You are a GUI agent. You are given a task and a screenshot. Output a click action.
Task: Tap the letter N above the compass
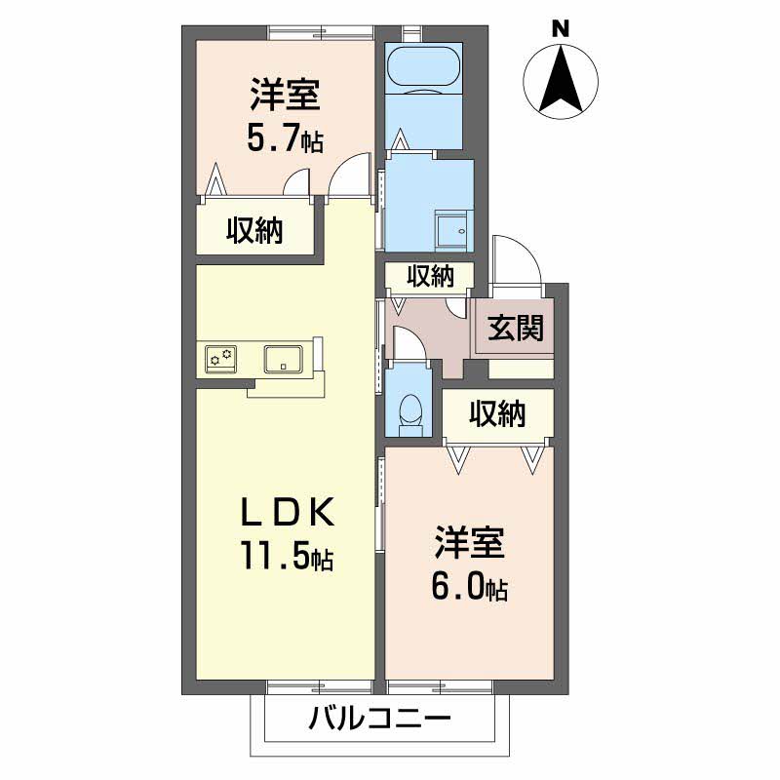561,28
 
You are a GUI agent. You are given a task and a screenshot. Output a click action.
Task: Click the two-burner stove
220,358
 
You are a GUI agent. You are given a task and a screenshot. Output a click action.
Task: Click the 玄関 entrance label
515,329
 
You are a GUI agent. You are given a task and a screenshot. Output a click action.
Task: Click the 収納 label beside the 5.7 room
255,231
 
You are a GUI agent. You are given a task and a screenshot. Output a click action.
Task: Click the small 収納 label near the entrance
430,277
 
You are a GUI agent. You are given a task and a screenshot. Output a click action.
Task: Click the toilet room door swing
407,343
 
